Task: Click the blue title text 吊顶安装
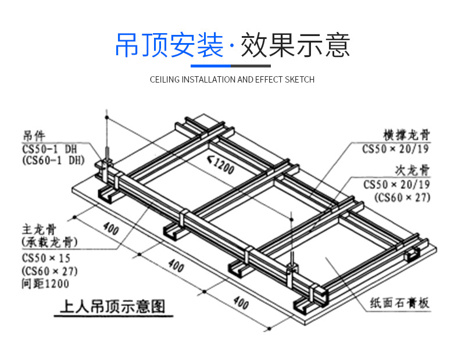click(x=169, y=45)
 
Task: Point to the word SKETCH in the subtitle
click(x=299, y=80)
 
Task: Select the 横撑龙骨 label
click(x=407, y=136)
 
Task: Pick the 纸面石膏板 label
click(x=400, y=303)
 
